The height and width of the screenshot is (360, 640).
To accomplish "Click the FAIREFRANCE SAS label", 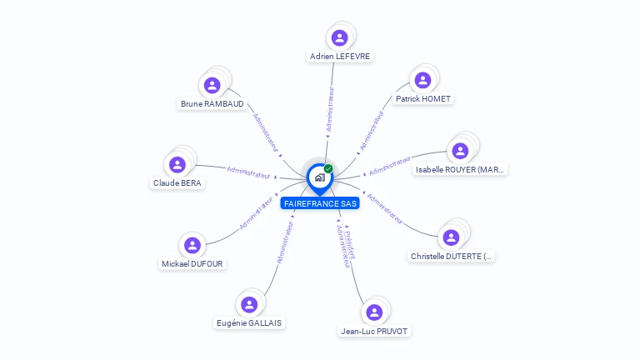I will [320, 203].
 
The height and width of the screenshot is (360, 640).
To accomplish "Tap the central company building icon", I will [319, 177].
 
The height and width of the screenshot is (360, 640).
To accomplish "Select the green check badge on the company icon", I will [328, 168].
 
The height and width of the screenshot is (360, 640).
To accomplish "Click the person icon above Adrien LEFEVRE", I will [339, 37].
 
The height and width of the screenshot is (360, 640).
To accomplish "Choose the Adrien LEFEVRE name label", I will [339, 57].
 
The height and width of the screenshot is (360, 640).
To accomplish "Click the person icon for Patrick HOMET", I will [422, 80].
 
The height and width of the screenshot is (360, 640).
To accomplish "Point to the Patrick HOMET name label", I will [423, 99].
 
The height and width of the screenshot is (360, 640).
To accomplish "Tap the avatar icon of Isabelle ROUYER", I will [460, 151].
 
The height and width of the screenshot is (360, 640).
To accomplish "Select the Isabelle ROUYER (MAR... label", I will [461, 170].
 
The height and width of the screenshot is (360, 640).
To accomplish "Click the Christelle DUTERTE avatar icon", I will [452, 237].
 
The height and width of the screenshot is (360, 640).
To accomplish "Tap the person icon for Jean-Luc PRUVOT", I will [374, 312].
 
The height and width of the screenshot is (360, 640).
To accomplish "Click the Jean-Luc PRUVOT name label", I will [375, 331].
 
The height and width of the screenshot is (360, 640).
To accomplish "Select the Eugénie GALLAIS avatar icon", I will [248, 304].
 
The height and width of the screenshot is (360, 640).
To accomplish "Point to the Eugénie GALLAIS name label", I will [249, 323].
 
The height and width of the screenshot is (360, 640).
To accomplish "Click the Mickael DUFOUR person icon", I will [192, 245].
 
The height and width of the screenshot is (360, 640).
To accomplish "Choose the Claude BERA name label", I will [177, 183].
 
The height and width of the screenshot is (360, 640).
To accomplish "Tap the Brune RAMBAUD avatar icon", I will [212, 85].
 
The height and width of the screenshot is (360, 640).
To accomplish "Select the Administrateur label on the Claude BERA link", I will [248, 172].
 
